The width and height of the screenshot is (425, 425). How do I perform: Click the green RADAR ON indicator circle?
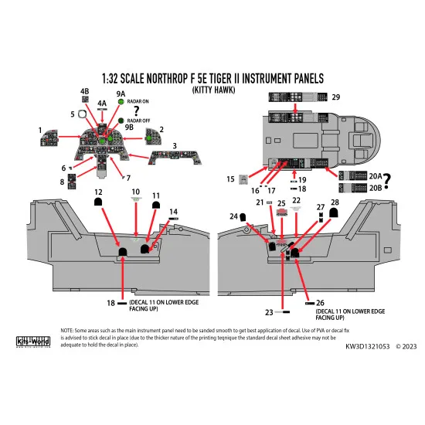[121, 102]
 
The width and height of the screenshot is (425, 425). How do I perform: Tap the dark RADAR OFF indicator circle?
[121, 121]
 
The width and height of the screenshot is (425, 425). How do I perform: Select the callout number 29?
[335, 97]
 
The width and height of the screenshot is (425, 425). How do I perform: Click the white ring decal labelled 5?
[83, 114]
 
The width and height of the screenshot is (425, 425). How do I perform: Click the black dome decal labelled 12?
[100, 202]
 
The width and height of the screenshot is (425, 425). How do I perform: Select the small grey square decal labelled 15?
[245, 179]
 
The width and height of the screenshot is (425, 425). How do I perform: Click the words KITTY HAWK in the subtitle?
[212, 88]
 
